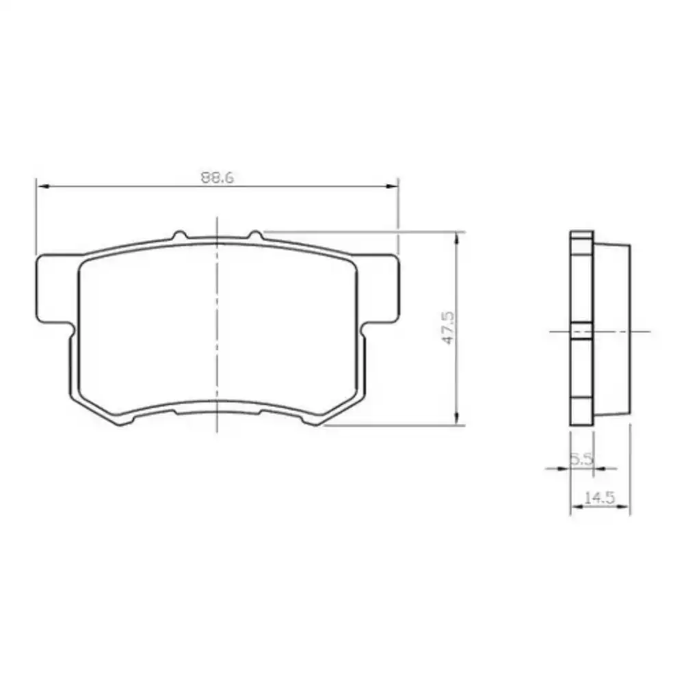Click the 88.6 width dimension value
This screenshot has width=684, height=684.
click(218, 177)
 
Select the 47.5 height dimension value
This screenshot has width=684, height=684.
click(447, 329)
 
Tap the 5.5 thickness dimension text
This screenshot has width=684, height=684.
click(581, 460)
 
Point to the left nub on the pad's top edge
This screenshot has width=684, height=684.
click(179, 236)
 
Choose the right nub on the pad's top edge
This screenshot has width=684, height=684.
click(255, 235)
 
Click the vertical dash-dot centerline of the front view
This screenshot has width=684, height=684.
click(217, 328)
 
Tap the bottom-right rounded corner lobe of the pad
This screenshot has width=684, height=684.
click(316, 417)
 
